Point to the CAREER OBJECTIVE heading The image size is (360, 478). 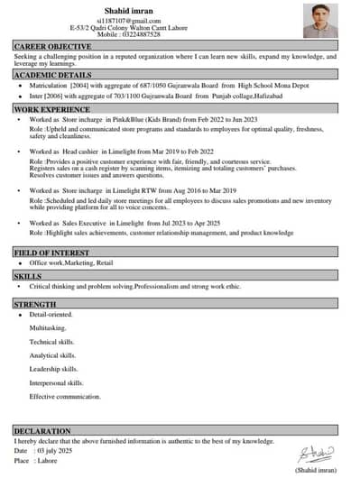coord(52,46)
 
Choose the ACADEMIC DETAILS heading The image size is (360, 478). coord(53,76)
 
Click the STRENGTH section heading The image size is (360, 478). coord(35,305)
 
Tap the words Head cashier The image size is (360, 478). coord(84,152)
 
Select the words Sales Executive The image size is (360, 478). coord(87,222)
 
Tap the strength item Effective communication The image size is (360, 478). coord(65,397)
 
